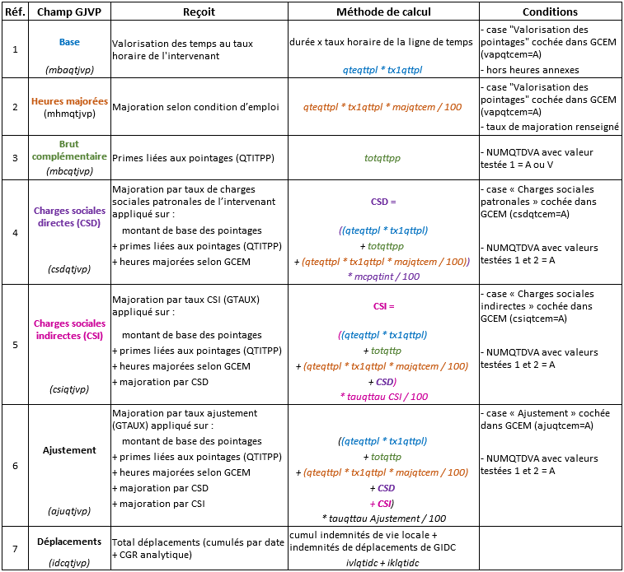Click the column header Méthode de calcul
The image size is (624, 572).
(383, 12)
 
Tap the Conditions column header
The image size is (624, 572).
(550, 12)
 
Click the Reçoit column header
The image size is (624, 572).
(198, 12)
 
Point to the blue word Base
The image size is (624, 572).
(69, 42)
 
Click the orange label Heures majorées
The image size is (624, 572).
(69, 101)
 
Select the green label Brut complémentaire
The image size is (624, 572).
(69, 149)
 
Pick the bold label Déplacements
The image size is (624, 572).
(69, 542)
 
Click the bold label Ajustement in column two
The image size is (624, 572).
(69, 450)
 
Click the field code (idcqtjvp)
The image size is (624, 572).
(69, 562)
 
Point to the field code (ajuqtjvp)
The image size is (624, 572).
(69, 510)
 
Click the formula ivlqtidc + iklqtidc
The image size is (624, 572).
(382, 562)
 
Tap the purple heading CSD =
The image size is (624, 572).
(383, 201)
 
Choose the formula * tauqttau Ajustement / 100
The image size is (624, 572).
(383, 518)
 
